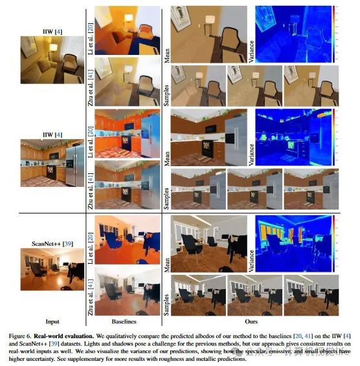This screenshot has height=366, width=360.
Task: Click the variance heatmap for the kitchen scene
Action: point(288,136)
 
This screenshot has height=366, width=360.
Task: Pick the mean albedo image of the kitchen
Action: point(207,136)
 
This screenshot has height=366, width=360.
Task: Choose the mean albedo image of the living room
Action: point(207,31)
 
